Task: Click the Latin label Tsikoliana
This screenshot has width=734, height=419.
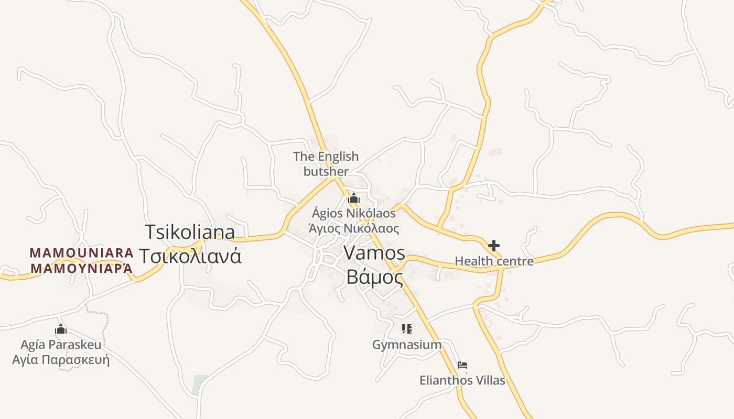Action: click(x=190, y=232)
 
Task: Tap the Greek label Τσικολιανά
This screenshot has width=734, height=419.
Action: click(x=190, y=256)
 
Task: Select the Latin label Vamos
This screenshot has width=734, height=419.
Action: click(x=374, y=253)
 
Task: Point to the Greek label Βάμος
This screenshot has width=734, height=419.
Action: click(x=374, y=277)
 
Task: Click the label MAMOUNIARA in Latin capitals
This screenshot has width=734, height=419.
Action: click(x=82, y=253)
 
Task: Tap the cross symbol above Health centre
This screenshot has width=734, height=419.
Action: click(x=493, y=245)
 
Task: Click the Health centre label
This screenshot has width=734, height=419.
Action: click(x=494, y=261)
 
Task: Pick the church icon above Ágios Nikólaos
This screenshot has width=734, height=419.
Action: click(x=354, y=199)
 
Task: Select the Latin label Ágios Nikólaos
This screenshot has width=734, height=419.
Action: click(x=354, y=214)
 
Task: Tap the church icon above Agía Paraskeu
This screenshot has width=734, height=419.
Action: click(x=61, y=329)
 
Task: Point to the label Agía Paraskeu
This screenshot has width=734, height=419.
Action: click(x=61, y=345)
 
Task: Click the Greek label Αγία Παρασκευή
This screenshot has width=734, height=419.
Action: click(x=61, y=360)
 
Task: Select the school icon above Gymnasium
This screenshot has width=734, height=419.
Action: click(x=406, y=329)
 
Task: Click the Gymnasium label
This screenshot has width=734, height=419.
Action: click(x=406, y=345)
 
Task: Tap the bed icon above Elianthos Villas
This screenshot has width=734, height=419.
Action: click(x=462, y=365)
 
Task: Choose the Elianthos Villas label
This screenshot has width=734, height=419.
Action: click(x=462, y=380)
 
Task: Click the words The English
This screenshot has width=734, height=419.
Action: click(x=326, y=156)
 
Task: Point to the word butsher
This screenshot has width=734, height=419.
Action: click(x=326, y=171)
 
